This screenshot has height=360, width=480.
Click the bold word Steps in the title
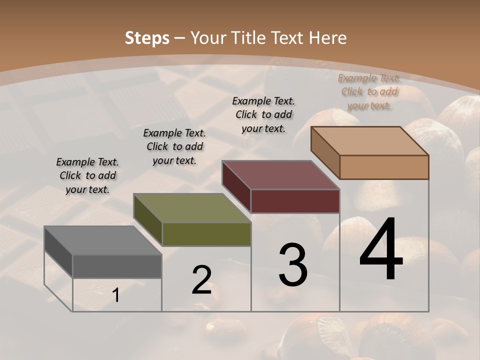pos(146,38)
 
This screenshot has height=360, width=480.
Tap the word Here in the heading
pos(328,38)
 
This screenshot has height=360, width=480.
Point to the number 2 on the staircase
pos(201,279)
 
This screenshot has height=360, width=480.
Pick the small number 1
pos(116,295)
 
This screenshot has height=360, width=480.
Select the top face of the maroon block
pos(280,175)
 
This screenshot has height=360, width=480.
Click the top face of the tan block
pos(369,141)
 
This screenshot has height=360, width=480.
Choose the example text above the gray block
pos(87,175)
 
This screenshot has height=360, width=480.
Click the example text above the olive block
pos(174,146)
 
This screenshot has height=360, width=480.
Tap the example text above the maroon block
pos(263,114)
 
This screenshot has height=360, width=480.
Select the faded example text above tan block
pos(369,91)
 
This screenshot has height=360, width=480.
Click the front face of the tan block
pos(384,167)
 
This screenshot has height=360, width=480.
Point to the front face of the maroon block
pos(295,201)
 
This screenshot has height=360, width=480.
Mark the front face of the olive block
pos(206,234)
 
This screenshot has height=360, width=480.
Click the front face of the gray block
pos(117,266)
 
